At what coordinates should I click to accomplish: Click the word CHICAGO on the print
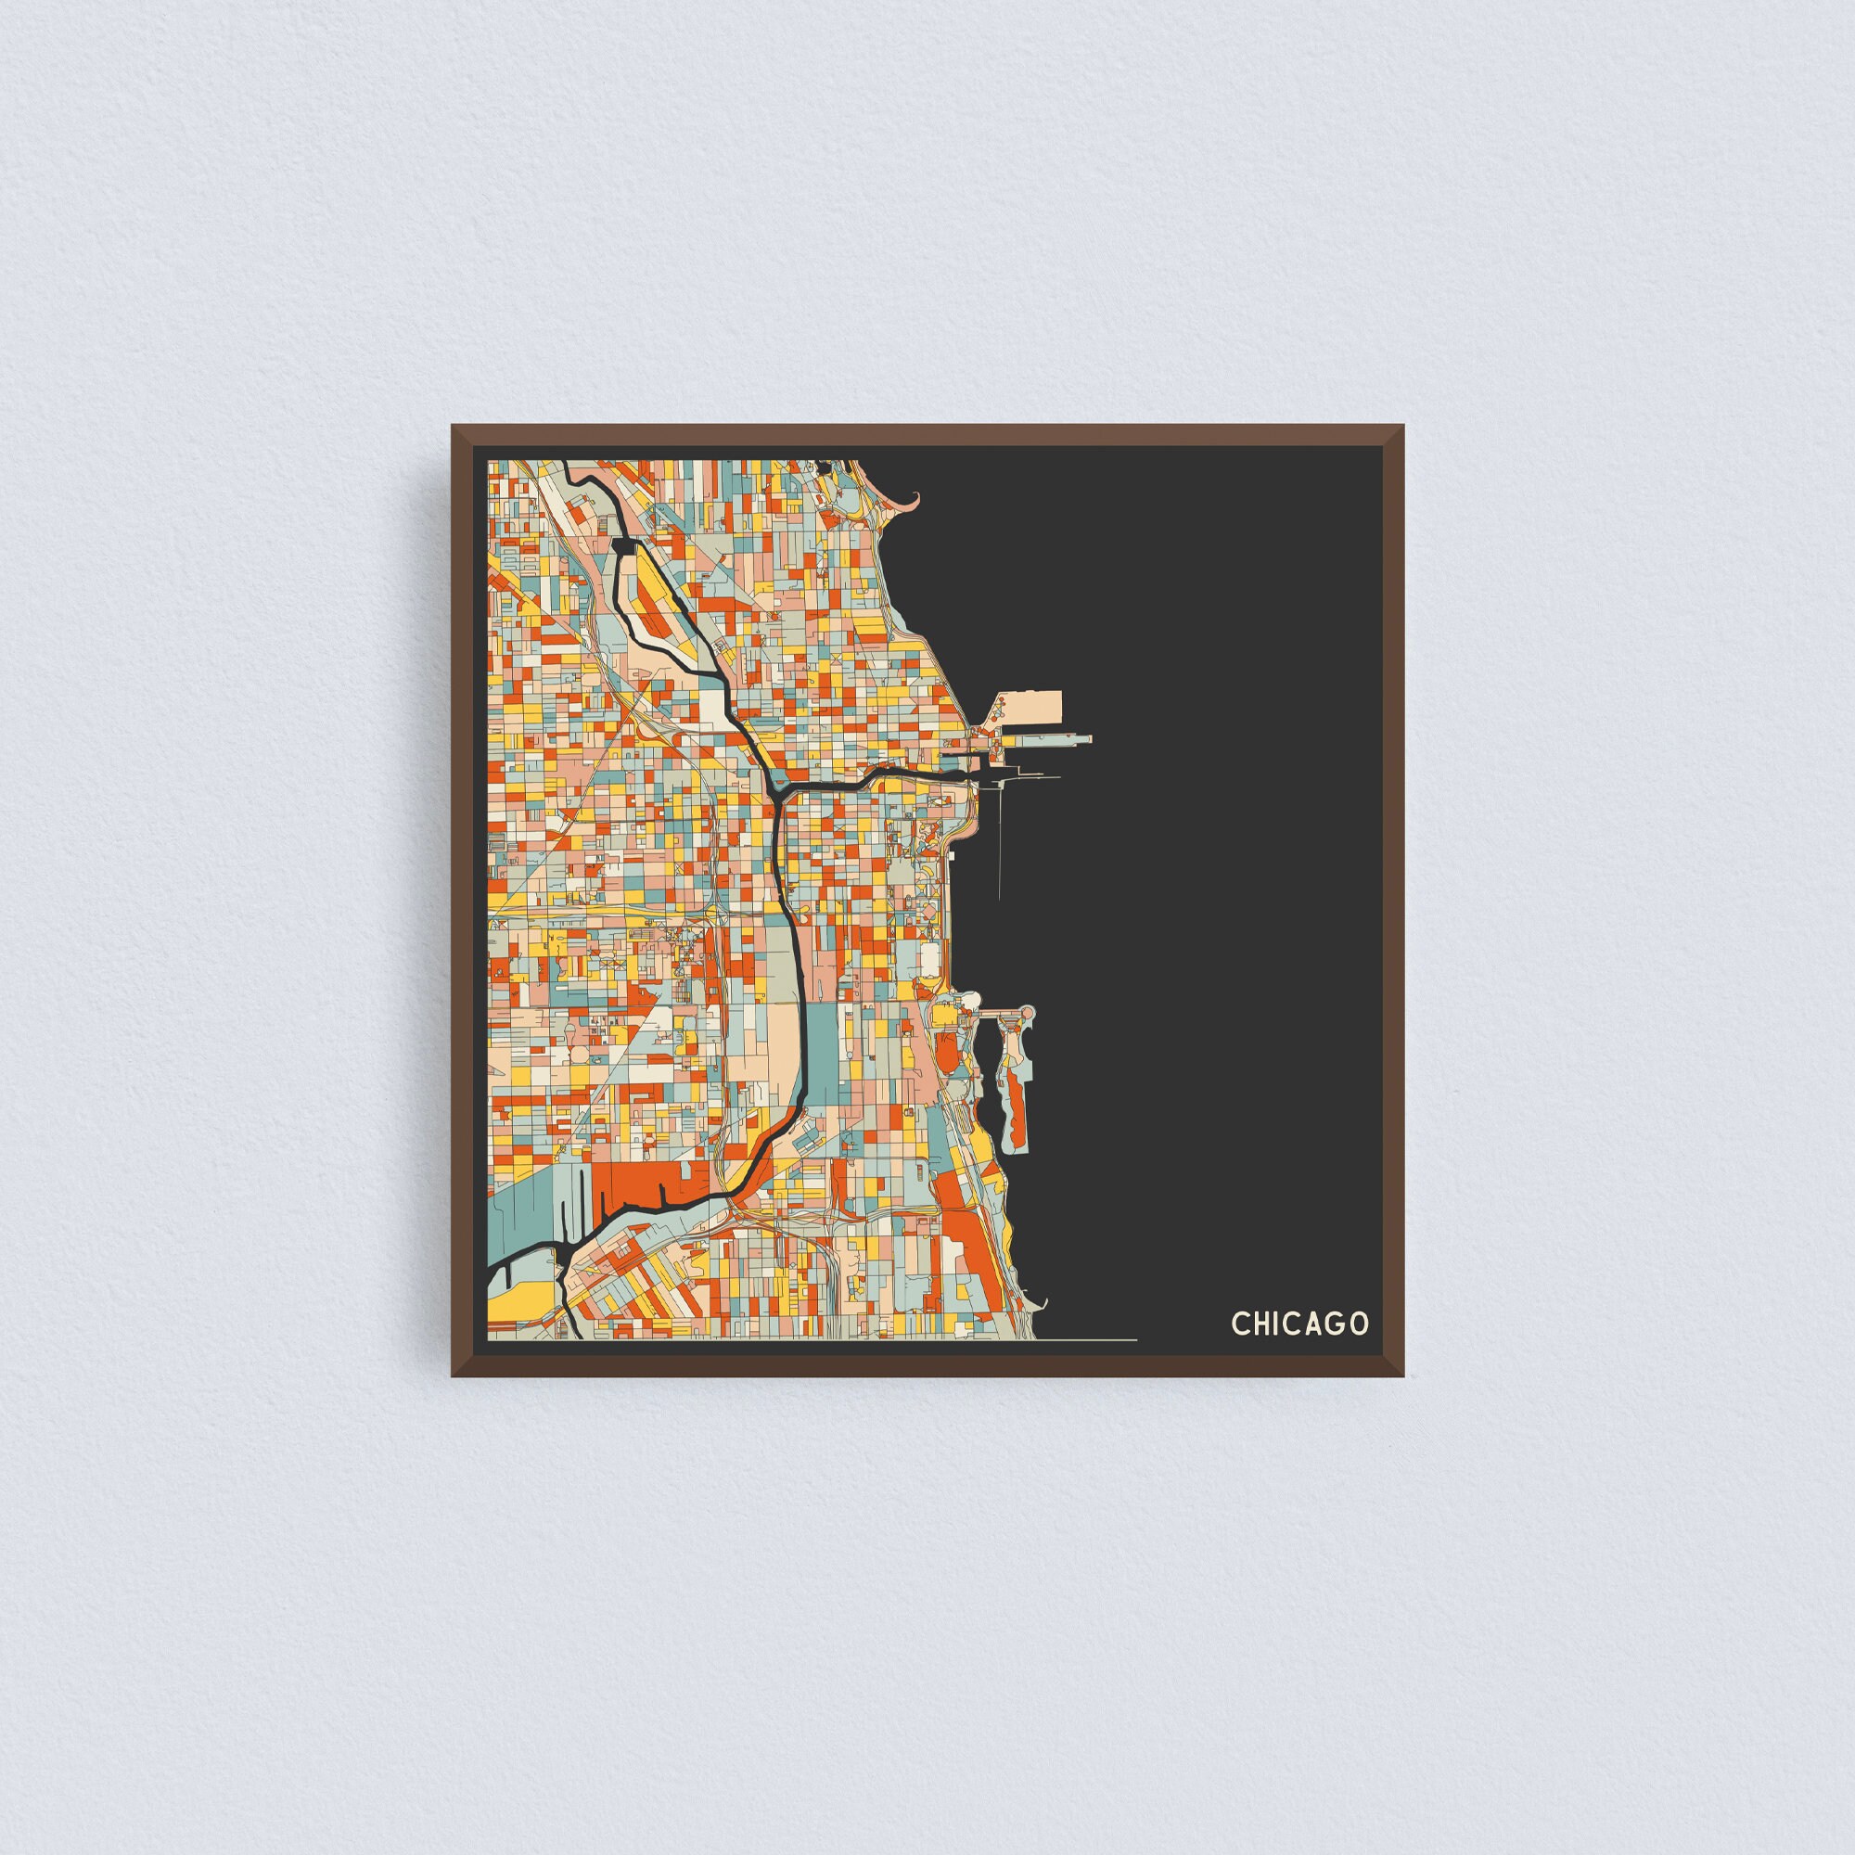1300,1324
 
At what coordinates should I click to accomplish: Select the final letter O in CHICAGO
1359,1324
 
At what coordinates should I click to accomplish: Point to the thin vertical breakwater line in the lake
1000,845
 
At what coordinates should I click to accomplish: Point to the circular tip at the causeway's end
1027,1011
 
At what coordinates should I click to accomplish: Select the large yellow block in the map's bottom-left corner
514,1302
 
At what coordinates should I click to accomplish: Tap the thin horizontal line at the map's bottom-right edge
1085,1338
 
